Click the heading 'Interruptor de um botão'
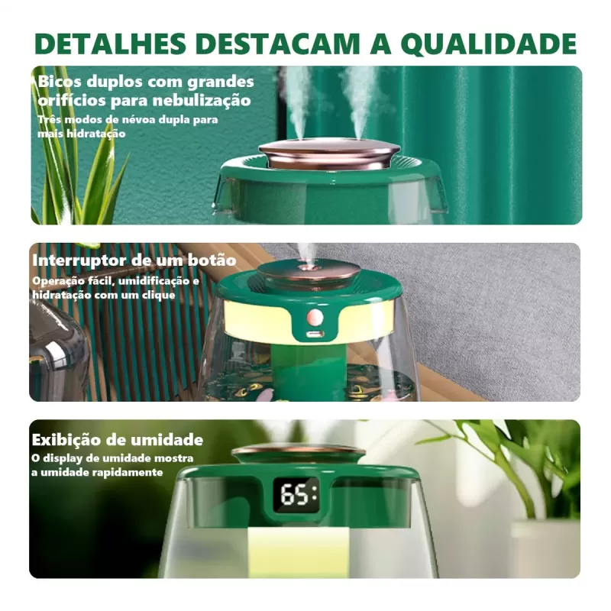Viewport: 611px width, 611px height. [x=134, y=260]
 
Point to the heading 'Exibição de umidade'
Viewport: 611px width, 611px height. [x=117, y=440]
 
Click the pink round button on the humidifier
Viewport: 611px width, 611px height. [x=314, y=316]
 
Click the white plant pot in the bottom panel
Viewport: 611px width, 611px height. [x=546, y=546]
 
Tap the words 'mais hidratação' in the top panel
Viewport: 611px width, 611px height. [x=82, y=133]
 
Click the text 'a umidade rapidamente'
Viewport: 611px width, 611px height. [x=97, y=473]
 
